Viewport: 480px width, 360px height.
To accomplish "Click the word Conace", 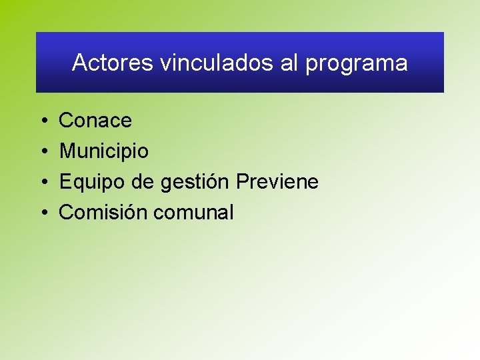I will coord(95,121).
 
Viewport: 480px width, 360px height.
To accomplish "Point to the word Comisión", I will coord(103,213).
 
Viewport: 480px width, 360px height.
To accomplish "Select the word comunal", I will coord(193,213).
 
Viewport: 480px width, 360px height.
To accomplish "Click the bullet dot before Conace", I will coord(42,121).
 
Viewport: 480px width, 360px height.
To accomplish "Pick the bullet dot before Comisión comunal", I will coord(42,213).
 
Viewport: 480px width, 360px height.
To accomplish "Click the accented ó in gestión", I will coord(214,182).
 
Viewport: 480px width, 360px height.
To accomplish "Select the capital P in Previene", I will coord(243,182).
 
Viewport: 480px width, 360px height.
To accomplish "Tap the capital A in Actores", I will coord(79,63).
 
